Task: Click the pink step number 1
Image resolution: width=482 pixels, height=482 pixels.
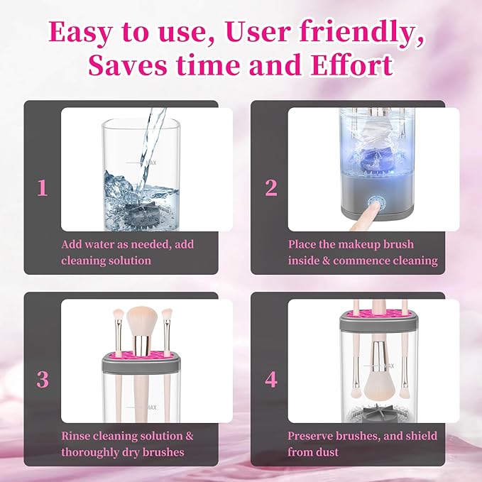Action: (x=43, y=187)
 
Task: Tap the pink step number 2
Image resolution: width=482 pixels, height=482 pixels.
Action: (x=270, y=187)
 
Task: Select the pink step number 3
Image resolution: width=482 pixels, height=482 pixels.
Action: (x=43, y=379)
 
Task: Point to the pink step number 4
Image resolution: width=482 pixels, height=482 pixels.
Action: (x=270, y=379)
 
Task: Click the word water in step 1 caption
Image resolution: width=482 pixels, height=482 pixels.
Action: (x=101, y=244)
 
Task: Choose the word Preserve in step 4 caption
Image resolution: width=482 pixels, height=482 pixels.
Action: (x=311, y=435)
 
